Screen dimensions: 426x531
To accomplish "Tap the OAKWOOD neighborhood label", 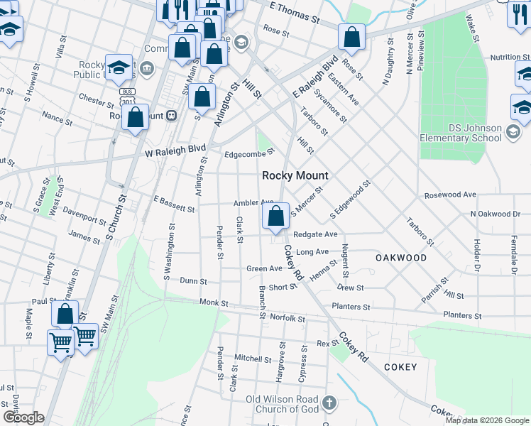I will click(401, 258).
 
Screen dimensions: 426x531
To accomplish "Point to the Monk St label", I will click(214, 302).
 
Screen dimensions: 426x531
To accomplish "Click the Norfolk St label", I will click(288, 318).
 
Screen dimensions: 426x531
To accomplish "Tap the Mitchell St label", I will click(248, 359).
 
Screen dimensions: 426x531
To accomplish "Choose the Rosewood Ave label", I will click(449, 194).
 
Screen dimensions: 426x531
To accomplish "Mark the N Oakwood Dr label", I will click(494, 214).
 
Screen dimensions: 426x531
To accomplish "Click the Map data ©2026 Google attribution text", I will click(486, 420).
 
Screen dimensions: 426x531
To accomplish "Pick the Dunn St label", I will click(192, 281).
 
